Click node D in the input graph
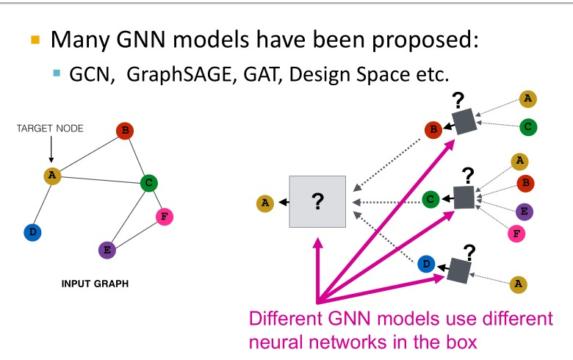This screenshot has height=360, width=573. [32, 232]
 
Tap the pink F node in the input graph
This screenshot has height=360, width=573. [165, 217]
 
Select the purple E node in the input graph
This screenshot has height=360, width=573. [107, 250]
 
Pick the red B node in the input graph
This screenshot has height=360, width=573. [125, 132]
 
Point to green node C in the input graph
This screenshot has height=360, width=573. [148, 182]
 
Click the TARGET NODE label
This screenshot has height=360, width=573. [50, 129]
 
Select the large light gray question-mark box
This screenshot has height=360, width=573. [318, 201]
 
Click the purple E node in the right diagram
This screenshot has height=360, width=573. [525, 212]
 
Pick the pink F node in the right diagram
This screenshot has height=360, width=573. [517, 234]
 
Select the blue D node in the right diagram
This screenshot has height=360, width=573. [426, 264]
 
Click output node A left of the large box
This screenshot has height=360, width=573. [263, 202]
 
